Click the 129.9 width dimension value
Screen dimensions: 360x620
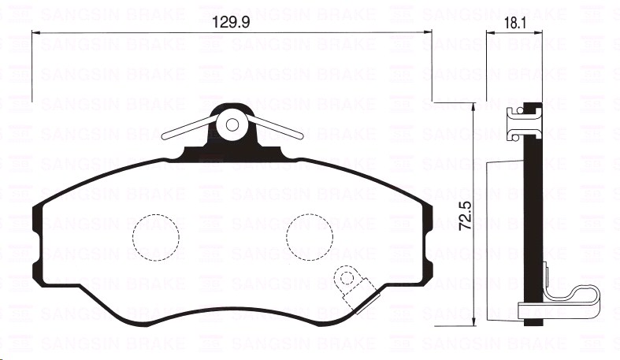click(232, 24)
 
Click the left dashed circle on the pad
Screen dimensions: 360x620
click(154, 236)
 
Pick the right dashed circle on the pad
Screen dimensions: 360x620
click(308, 236)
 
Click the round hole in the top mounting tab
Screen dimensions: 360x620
click(232, 124)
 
